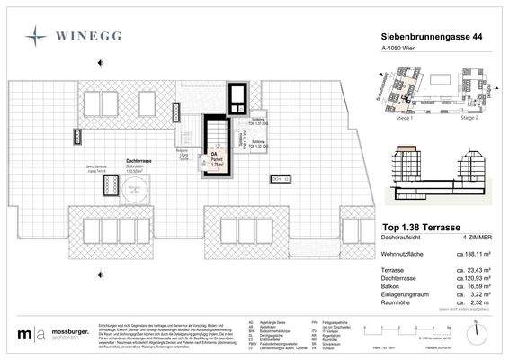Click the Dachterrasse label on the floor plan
(x=138, y=162)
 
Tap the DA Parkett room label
(x=215, y=157)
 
